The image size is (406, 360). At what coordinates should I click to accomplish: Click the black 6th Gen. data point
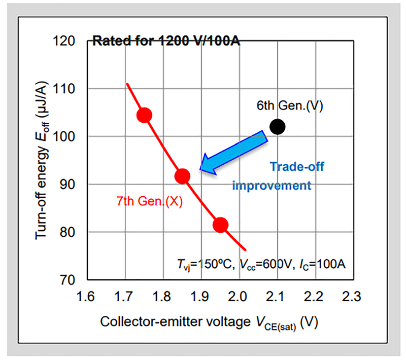(277, 127)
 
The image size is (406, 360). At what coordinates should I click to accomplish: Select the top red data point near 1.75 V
(145, 115)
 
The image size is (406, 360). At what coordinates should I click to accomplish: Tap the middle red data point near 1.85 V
(182, 176)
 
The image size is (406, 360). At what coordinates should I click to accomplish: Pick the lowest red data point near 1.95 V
(220, 224)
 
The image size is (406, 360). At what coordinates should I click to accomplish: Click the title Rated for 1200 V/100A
(165, 41)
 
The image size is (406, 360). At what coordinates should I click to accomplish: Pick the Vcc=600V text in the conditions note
(267, 265)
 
